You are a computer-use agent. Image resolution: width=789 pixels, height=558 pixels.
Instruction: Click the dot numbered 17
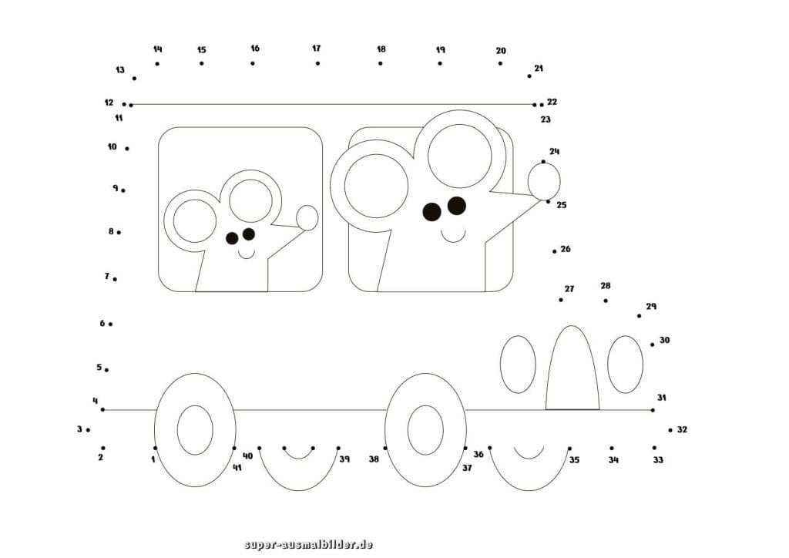tap(317, 63)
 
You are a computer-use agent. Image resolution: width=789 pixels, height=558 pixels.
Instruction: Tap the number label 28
tap(606, 286)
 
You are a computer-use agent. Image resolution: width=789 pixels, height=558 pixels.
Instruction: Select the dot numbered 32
tap(670, 430)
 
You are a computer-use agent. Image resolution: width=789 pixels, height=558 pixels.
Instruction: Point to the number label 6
tap(102, 324)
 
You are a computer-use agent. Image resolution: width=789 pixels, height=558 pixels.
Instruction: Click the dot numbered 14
tap(157, 63)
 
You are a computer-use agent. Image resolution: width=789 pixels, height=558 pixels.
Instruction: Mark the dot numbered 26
tap(554, 250)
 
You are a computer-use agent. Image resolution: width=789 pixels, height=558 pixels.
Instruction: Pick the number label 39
tap(344, 459)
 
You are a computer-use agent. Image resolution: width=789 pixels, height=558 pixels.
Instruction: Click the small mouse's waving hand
tap(307, 217)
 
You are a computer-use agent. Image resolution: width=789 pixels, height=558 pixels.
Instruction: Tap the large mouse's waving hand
tap(544, 181)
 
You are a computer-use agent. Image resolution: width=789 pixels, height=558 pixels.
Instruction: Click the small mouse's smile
tap(246, 254)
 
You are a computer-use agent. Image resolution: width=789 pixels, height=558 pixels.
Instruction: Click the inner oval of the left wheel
tap(195, 430)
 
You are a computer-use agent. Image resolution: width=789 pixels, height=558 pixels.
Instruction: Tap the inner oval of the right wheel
tap(425, 430)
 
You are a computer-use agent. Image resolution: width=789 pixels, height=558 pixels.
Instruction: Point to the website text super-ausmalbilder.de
tap(308, 545)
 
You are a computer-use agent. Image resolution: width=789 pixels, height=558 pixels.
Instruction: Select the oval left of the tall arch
tap(518, 365)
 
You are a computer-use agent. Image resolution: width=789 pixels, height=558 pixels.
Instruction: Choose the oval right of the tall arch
tap(625, 365)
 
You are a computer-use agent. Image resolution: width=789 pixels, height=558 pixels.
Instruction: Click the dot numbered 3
tap(88, 430)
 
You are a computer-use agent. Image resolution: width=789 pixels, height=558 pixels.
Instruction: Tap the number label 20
tap(501, 51)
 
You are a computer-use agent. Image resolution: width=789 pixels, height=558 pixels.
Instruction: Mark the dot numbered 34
tap(612, 448)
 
